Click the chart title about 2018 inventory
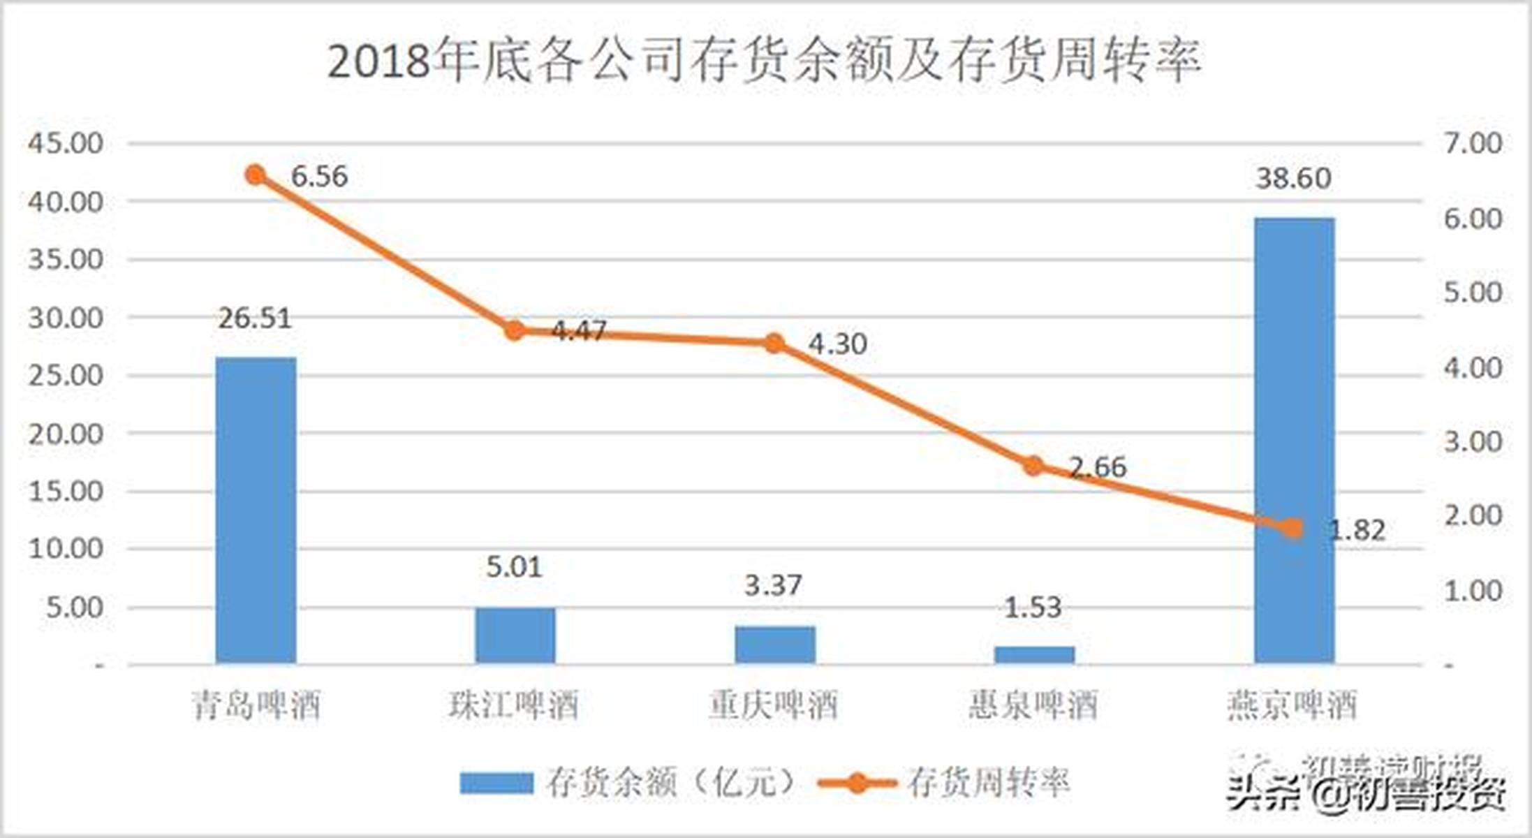pyautogui.click(x=764, y=61)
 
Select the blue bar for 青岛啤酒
pyautogui.click(x=256, y=510)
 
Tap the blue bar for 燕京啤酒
pyautogui.click(x=1294, y=440)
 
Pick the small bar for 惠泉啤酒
pyautogui.click(x=1034, y=654)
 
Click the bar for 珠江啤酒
pyautogui.click(x=515, y=635)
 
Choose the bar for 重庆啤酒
pyautogui.click(x=775, y=644)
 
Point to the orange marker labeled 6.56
pyautogui.click(x=256, y=175)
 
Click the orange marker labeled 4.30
pyautogui.click(x=774, y=343)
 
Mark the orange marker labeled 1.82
pyautogui.click(x=1293, y=529)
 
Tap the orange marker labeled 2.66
pyautogui.click(x=1033, y=466)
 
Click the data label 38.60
pyautogui.click(x=1294, y=179)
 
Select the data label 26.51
pyautogui.click(x=255, y=318)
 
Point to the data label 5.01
pyautogui.click(x=515, y=567)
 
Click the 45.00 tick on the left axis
pyautogui.click(x=66, y=143)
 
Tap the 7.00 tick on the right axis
pyautogui.click(x=1473, y=143)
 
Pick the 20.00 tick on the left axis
pyautogui.click(x=66, y=434)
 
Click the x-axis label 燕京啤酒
pyautogui.click(x=1292, y=705)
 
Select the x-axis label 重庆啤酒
pyautogui.click(x=774, y=705)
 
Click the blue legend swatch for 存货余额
pyautogui.click(x=496, y=783)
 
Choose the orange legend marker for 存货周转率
pyautogui.click(x=857, y=783)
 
